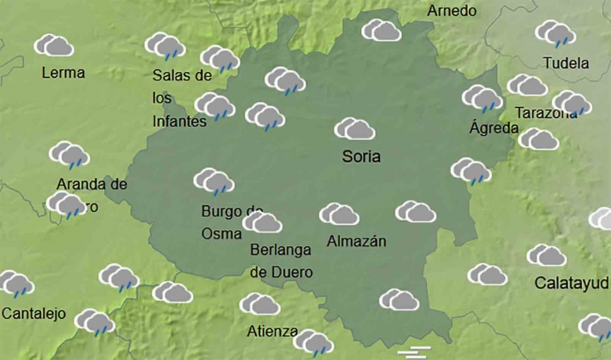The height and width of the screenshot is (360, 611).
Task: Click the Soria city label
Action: pyautogui.click(x=360, y=156)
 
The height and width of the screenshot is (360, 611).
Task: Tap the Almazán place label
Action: pyautogui.click(x=356, y=241)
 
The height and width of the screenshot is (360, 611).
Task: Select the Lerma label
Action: pyautogui.click(x=63, y=73)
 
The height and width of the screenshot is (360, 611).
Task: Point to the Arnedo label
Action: pyautogui.click(x=452, y=11)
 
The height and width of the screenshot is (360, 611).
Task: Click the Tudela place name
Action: pyautogui.click(x=567, y=63)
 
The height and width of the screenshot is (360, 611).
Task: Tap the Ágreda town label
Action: pyautogui.click(x=495, y=128)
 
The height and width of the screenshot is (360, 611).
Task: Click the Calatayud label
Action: pyautogui.click(x=572, y=282)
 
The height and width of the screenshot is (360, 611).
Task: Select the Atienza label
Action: pyautogui.click(x=272, y=332)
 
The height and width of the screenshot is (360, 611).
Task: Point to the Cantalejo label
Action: pyautogui.click(x=33, y=314)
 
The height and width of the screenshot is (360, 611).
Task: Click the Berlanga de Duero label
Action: pyautogui.click(x=281, y=261)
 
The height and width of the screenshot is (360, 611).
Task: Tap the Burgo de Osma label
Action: pyautogui.click(x=231, y=222)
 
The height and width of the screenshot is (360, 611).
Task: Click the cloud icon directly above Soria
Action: pyautogui.click(x=354, y=129)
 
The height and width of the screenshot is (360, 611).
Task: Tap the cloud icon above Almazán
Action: pyautogui.click(x=339, y=214)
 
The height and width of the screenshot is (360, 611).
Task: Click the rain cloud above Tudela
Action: pyautogui.click(x=555, y=33)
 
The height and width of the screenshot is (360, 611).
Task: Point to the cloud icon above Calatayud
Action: pyautogui.click(x=546, y=255)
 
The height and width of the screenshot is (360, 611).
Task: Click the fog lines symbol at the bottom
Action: pyautogui.click(x=414, y=351)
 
